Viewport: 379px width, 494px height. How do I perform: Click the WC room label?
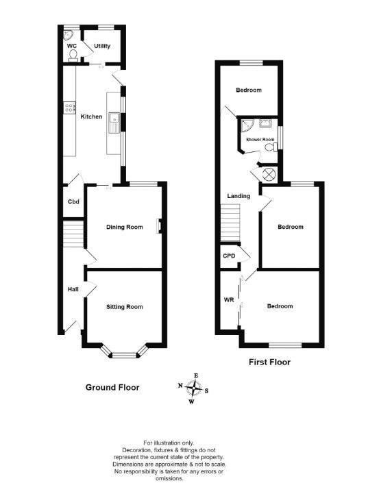pyautogui.click(x=72, y=47)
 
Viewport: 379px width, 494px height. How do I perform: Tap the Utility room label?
pyautogui.click(x=103, y=47)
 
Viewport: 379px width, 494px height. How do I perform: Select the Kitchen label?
pyautogui.click(x=92, y=116)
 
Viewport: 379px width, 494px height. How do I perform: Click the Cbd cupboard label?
pyautogui.click(x=73, y=201)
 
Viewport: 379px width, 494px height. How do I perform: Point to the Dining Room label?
pyautogui.click(x=124, y=227)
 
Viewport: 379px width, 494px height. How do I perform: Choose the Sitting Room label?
pyautogui.click(x=124, y=306)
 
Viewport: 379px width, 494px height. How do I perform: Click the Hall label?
pyautogui.click(x=73, y=290)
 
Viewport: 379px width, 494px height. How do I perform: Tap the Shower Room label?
pyautogui.click(x=262, y=140)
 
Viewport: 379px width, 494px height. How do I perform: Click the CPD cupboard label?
pyautogui.click(x=229, y=256)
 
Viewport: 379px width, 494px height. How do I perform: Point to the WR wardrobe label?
pyautogui.click(x=228, y=299)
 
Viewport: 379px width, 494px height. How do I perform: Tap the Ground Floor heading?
pyautogui.click(x=112, y=387)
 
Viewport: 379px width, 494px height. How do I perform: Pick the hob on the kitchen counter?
pyautogui.click(x=69, y=107)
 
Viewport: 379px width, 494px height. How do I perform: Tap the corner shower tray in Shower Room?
pyautogui.click(x=247, y=125)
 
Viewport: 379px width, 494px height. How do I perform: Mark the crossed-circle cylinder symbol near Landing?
pyautogui.click(x=269, y=174)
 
